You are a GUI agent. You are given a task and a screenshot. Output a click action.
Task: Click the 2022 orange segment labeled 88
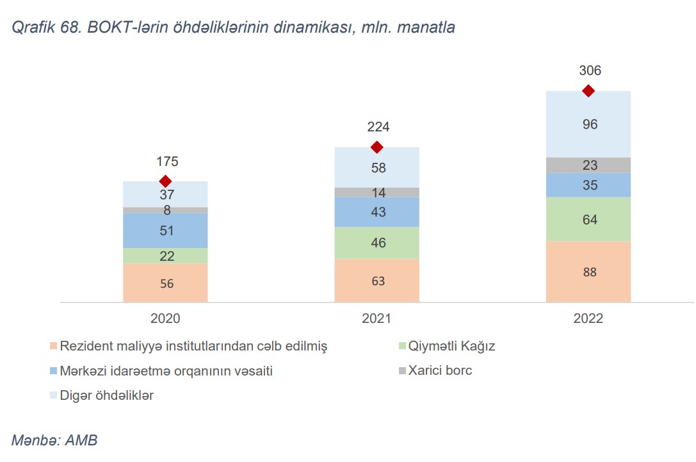[x=588, y=272]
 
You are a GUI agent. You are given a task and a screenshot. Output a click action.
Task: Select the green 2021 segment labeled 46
[x=377, y=243]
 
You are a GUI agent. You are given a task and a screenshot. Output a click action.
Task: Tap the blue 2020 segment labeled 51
[x=165, y=231]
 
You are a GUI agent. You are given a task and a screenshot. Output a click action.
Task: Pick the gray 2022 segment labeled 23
[x=588, y=165]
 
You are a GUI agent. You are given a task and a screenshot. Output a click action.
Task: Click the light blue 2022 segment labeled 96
[x=588, y=124]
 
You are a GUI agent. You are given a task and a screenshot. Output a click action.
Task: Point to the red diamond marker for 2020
[x=165, y=181]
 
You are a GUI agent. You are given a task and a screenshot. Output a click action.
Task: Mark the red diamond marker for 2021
[x=377, y=147]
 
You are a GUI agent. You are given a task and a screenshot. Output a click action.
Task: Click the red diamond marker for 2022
[x=588, y=91]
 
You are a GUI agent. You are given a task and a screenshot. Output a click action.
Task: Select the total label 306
[x=588, y=71]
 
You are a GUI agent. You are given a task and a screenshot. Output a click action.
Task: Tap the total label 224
[x=377, y=127]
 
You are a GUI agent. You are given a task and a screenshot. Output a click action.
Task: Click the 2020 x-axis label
[x=165, y=318]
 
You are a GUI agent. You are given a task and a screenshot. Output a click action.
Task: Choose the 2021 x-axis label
[x=377, y=318]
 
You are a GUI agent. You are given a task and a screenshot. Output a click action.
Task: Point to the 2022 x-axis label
[x=588, y=318]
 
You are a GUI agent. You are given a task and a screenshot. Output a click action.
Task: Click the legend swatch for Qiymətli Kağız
[x=401, y=347]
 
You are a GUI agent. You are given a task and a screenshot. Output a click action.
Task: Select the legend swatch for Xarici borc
[x=401, y=371]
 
